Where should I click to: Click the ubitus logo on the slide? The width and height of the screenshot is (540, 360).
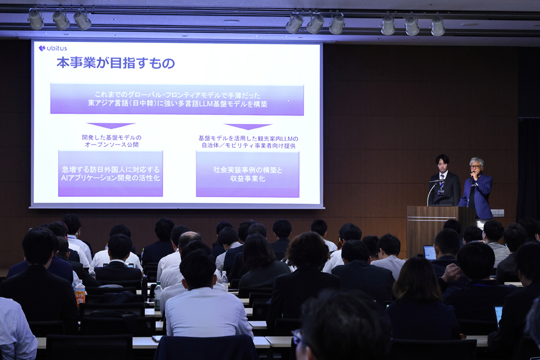coord(52,48)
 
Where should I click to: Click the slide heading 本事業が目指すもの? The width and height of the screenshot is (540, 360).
coord(115,63)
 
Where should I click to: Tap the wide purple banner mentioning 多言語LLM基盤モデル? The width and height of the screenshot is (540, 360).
coord(177,99)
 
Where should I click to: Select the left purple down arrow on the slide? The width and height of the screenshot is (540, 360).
coord(111,126)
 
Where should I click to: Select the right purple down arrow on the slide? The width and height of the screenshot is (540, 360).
coord(248,127)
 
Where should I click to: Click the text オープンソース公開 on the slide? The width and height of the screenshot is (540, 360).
coord(112,145)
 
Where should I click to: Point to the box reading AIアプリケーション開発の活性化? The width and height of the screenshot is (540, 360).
coord(110,174)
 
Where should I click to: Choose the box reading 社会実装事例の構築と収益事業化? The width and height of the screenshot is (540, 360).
coord(248,174)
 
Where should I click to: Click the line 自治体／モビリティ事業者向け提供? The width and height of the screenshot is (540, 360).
coord(248,146)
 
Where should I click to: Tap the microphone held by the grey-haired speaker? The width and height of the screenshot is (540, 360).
coord(471,177)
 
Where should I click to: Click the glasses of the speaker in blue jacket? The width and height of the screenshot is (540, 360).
coord(476,166)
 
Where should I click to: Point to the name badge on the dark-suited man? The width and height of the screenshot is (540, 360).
coord(441,192)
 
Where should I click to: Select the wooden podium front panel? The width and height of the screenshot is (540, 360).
coord(432,232)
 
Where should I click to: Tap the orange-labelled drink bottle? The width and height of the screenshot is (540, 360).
coord(80,292)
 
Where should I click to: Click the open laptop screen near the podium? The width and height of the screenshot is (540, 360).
coord(430,252)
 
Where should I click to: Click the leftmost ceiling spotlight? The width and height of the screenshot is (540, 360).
coord(36,20)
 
